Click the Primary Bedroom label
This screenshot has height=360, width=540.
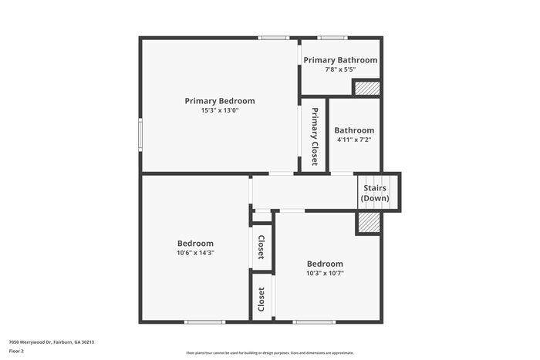[219, 101]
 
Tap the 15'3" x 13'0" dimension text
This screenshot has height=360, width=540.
[219, 110]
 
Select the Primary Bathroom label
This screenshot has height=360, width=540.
[340, 60]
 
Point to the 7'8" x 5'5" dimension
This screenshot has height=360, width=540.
[340, 69]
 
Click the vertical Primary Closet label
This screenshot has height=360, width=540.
[315, 136]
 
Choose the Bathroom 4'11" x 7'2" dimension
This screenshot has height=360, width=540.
[354, 140]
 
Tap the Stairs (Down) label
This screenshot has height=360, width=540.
[374, 193]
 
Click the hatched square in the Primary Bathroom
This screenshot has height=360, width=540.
[367, 88]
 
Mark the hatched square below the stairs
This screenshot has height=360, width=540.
[368, 222]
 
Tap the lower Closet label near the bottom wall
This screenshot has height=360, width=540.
[262, 300]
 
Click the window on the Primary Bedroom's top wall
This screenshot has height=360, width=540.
[272, 37]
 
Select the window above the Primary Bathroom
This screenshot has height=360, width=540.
[332, 37]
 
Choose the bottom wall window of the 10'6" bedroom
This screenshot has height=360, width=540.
[204, 321]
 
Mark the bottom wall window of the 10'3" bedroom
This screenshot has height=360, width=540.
[315, 321]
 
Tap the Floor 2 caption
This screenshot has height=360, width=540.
[16, 351]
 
